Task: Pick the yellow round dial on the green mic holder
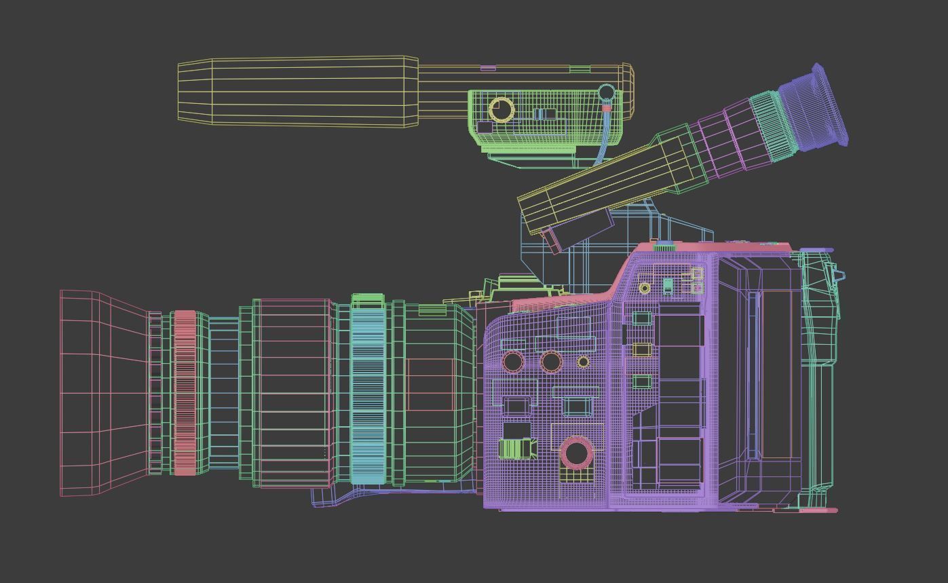click(501, 109)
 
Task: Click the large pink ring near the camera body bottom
click(577, 453)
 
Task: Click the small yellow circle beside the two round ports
click(583, 362)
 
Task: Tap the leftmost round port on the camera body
click(513, 361)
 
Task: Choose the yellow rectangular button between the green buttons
click(642, 350)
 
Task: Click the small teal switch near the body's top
click(668, 286)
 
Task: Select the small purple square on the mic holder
click(485, 127)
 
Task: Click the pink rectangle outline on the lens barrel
click(431, 384)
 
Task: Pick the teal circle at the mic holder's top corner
click(606, 92)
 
